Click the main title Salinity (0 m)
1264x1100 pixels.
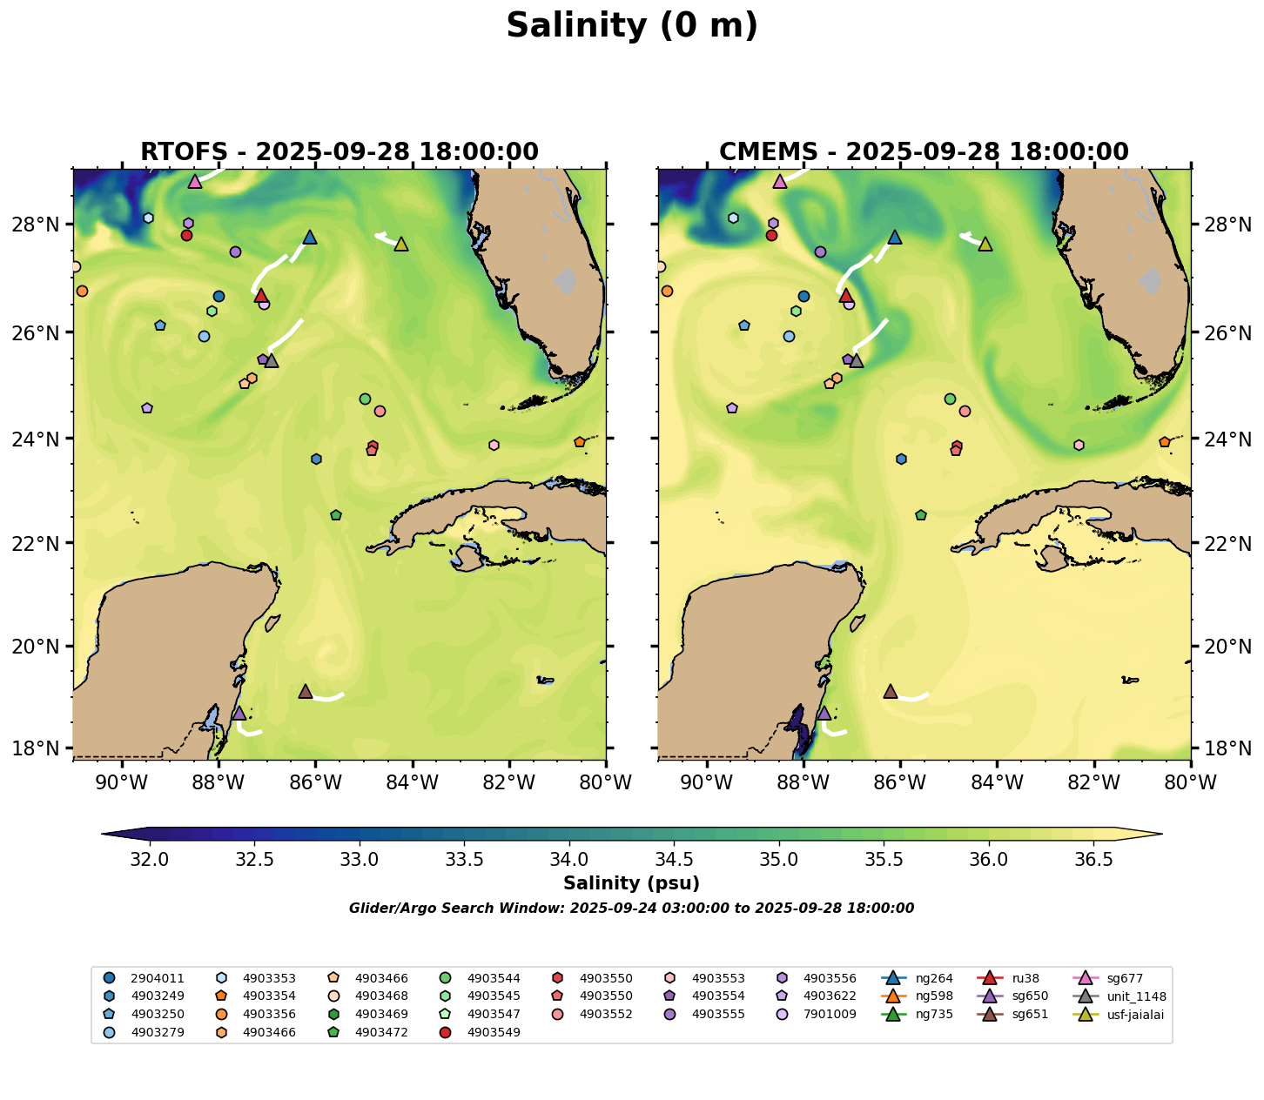[x=632, y=26]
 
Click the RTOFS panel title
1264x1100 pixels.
[x=340, y=152]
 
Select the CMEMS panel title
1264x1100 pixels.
[x=924, y=152]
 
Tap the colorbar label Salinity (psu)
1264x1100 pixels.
[x=631, y=884]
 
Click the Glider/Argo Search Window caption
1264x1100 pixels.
[x=631, y=909]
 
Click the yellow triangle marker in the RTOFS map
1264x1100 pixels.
[x=401, y=245]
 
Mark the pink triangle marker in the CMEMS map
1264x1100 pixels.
[x=780, y=182]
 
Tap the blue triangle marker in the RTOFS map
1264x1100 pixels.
[x=310, y=238]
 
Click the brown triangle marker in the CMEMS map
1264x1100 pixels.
[x=891, y=692]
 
